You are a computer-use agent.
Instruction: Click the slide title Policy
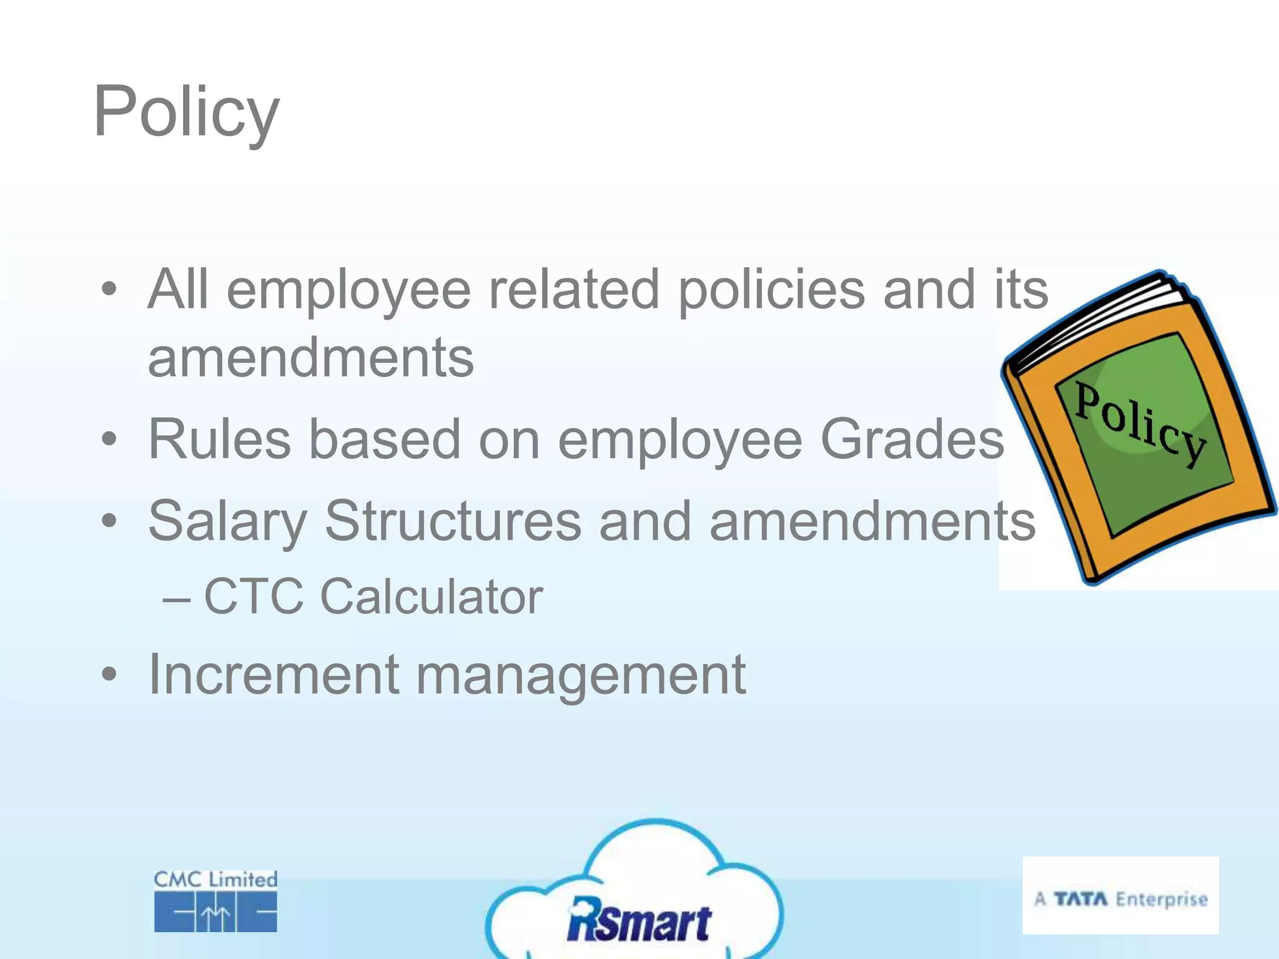(186, 112)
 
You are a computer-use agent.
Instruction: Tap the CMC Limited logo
(215, 900)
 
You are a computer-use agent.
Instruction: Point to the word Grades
(912, 439)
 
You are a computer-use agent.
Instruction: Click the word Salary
(227, 521)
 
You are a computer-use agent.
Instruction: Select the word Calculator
(432, 596)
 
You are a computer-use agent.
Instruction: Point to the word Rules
(219, 439)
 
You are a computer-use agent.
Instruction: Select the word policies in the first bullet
(772, 290)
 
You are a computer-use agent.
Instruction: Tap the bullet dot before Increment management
(109, 674)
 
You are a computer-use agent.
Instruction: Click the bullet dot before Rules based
(109, 439)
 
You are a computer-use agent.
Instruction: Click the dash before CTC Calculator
(176, 598)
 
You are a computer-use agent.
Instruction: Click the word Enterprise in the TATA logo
(1162, 899)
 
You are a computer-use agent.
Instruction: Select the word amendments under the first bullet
(311, 357)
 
